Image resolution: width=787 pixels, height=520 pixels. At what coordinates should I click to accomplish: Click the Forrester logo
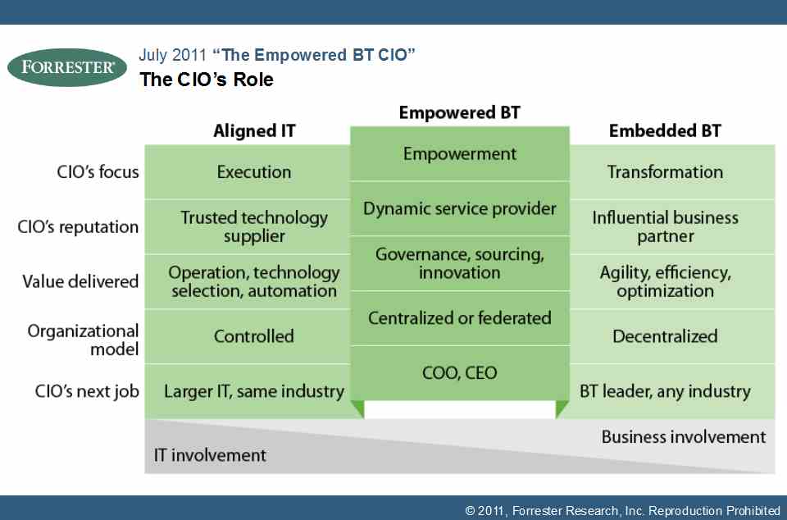[67, 67]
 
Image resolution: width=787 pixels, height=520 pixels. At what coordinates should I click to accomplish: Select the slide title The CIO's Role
[207, 80]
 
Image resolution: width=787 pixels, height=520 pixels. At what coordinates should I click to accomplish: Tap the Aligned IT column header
[254, 131]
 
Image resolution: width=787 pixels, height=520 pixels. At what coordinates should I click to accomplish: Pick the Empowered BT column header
[459, 112]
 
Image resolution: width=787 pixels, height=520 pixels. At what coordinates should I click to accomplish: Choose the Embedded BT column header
[665, 131]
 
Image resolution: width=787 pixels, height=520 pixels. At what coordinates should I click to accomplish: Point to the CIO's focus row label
[98, 171]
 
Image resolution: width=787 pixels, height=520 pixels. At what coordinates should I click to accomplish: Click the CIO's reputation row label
[78, 227]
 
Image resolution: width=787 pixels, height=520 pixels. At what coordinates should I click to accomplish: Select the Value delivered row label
[80, 281]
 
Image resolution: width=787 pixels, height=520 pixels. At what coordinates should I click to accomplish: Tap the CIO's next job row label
[87, 391]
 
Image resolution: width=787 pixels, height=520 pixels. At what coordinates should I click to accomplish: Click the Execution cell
[254, 172]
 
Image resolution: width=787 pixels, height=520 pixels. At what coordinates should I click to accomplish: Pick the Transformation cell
[665, 172]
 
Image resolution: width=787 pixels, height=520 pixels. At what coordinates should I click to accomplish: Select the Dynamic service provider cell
[460, 209]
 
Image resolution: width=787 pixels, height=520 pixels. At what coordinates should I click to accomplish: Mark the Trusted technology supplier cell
[254, 227]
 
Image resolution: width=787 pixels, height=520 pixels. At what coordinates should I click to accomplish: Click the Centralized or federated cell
[460, 317]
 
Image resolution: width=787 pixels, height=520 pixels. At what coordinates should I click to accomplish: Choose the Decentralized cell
[665, 336]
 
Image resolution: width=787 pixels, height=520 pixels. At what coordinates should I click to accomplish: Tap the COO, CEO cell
[460, 373]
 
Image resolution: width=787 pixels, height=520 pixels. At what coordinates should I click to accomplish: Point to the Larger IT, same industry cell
[254, 391]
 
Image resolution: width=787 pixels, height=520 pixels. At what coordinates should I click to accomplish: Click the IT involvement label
[210, 455]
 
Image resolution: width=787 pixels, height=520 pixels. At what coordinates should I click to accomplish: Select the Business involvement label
[684, 436]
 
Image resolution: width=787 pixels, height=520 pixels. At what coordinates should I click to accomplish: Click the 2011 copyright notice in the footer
[622, 511]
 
